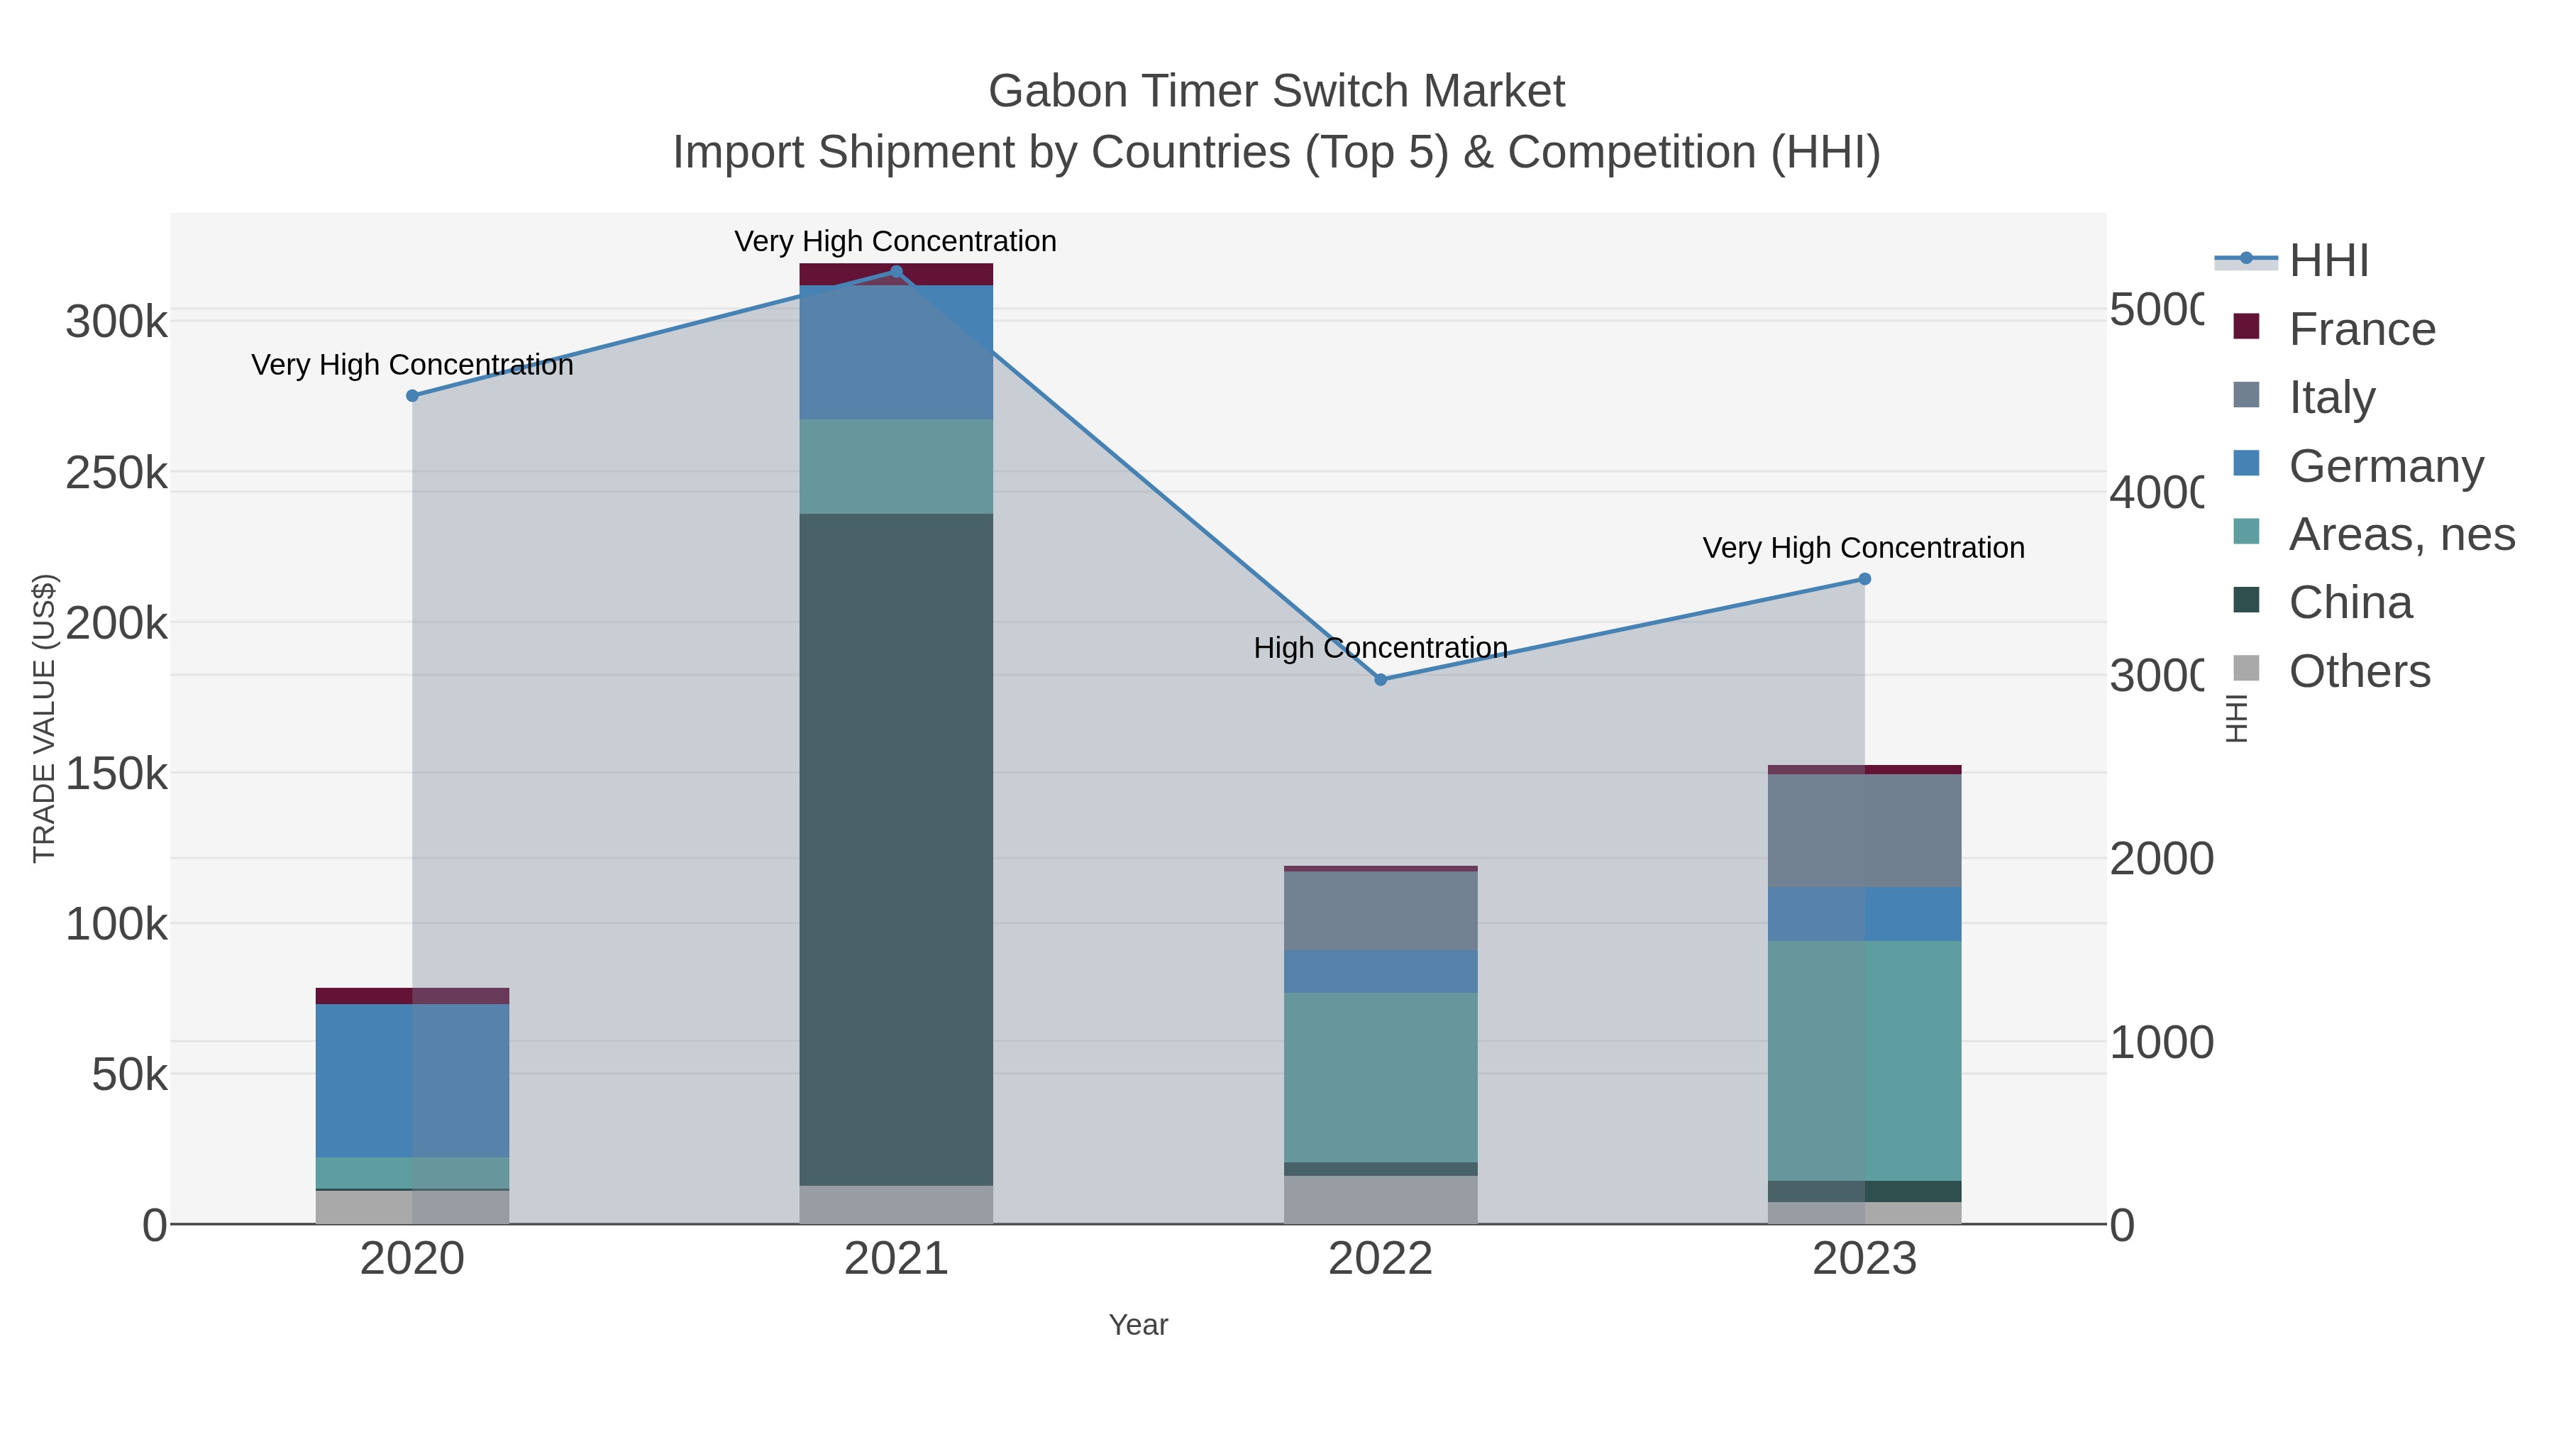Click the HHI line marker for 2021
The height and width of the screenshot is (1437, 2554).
pos(896,272)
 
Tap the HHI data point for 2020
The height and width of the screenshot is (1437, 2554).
pos(412,396)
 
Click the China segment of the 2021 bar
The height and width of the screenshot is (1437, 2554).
pos(896,848)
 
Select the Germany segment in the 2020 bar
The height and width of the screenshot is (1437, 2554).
pos(412,1080)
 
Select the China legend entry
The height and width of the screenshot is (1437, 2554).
pos(2350,603)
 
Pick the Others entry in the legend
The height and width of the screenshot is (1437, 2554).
pos(2359,671)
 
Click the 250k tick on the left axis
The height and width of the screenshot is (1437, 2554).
pos(116,474)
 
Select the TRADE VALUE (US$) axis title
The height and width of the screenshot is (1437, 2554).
pos(45,718)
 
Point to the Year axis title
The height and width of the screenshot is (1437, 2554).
pos(1138,1325)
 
